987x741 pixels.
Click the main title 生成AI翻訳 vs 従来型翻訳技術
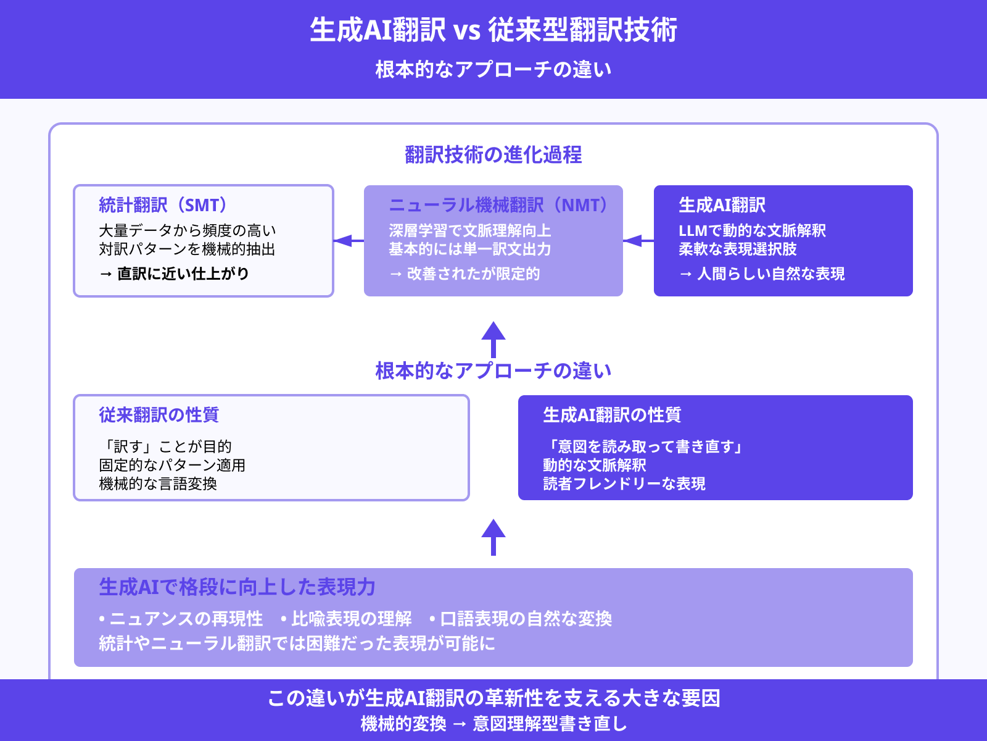click(x=493, y=30)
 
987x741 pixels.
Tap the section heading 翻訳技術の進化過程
click(x=493, y=154)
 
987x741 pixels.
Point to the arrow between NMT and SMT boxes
click(x=349, y=241)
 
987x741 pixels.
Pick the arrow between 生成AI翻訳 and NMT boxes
click(x=638, y=241)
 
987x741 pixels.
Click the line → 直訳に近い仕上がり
click(x=174, y=274)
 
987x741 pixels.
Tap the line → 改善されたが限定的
click(x=465, y=274)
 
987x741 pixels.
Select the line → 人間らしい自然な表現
click(x=762, y=274)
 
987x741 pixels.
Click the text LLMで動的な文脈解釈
click(x=752, y=230)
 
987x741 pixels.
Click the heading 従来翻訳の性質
click(x=159, y=415)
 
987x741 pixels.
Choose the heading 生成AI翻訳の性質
click(x=612, y=415)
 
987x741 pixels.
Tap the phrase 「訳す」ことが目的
click(x=165, y=446)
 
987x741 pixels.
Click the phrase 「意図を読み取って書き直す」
click(x=644, y=446)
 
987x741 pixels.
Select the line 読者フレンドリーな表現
click(x=624, y=484)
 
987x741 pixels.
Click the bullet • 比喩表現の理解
click(x=346, y=619)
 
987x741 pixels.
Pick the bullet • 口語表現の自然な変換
click(x=521, y=619)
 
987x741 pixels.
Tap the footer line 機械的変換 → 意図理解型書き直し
click(x=493, y=724)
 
